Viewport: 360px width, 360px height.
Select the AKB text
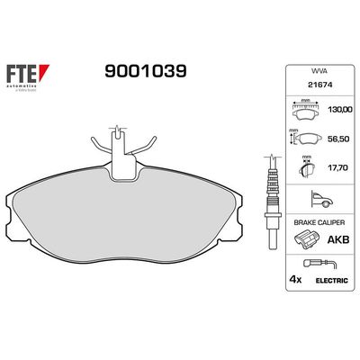point(340,240)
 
